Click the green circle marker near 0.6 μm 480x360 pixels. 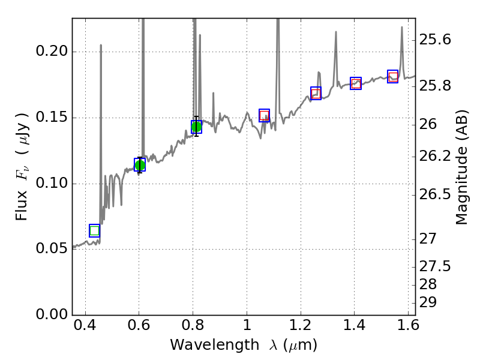140,165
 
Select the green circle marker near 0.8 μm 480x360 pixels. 196,127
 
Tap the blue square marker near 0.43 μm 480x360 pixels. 94,230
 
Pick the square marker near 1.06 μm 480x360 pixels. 264,116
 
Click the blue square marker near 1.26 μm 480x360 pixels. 316,93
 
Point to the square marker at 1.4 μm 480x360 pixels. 356,83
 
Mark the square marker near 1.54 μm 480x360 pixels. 393,76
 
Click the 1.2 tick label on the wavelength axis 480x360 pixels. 300,328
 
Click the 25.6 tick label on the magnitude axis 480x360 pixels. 437,40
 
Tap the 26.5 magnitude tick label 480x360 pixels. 437,194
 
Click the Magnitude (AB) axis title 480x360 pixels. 461,170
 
